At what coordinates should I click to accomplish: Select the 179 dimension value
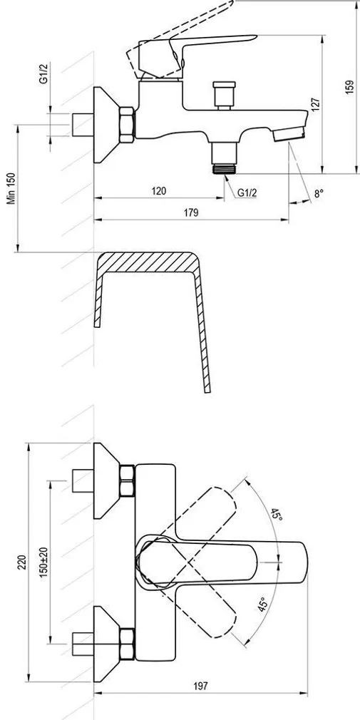[x=190, y=212]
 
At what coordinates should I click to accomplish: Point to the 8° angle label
[x=319, y=192]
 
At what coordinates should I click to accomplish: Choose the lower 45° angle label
[x=262, y=606]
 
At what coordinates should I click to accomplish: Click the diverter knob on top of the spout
[x=222, y=95]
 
